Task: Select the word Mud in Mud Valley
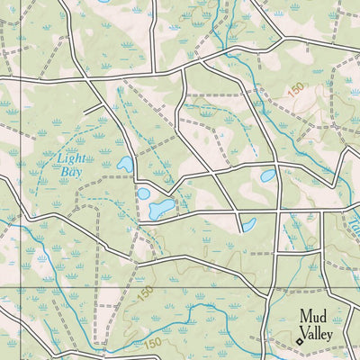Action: click(313, 316)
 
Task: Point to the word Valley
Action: click(322, 334)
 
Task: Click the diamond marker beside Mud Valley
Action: click(299, 342)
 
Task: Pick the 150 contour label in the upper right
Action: click(296, 89)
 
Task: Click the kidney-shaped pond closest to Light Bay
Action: click(124, 165)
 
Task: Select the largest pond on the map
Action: click(162, 210)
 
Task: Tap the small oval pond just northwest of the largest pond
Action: click(143, 193)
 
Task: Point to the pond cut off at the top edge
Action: click(103, 2)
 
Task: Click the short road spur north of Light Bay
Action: click(94, 107)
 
